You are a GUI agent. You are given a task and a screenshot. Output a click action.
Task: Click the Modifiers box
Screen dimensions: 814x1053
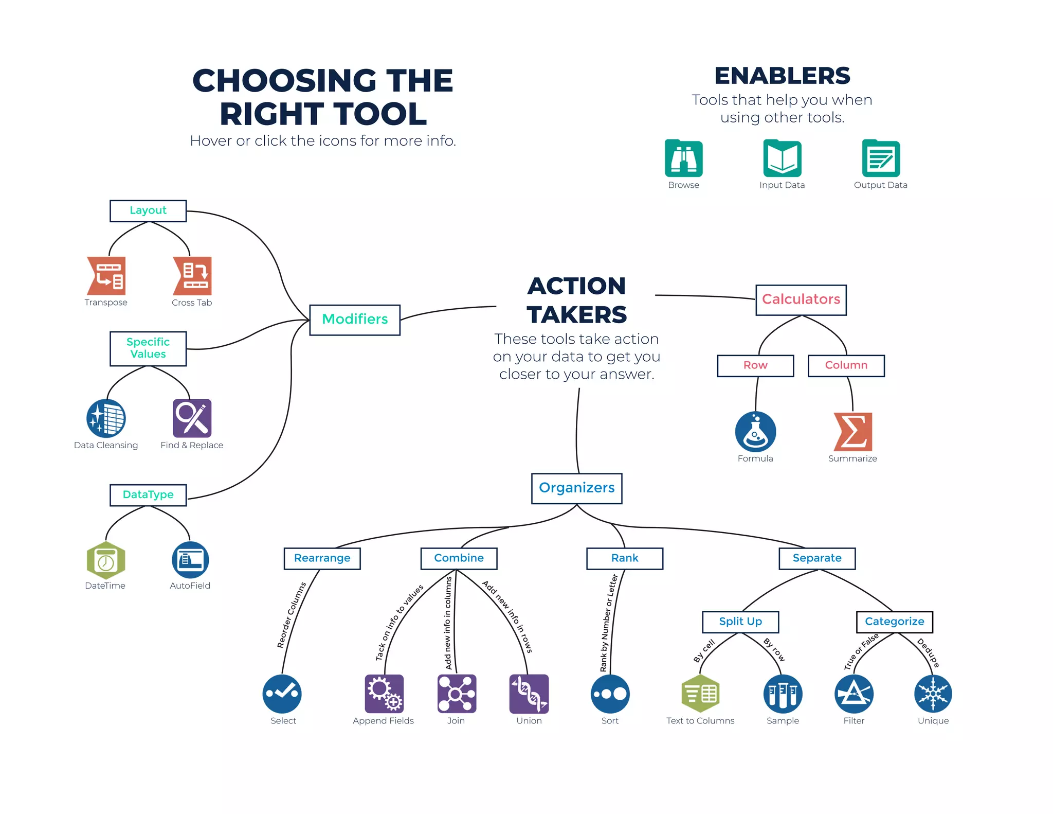pyautogui.click(x=355, y=320)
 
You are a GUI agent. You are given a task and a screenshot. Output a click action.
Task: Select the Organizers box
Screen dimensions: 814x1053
pyautogui.click(x=576, y=488)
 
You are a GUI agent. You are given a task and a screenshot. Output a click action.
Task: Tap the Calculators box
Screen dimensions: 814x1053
pyautogui.click(x=801, y=299)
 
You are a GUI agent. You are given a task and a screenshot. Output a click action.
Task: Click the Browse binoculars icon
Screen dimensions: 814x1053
pyautogui.click(x=683, y=158)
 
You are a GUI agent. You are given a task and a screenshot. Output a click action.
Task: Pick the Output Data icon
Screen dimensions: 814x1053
pyautogui.click(x=880, y=158)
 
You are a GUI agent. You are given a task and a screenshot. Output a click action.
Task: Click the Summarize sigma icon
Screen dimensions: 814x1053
pyautogui.click(x=852, y=432)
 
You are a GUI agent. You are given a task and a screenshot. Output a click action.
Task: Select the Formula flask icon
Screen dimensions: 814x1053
pyautogui.click(x=755, y=432)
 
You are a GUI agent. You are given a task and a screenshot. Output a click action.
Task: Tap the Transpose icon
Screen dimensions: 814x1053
pyautogui.click(x=106, y=276)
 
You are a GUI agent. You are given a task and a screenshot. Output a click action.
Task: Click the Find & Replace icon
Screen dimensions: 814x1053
pyautogui.click(x=192, y=418)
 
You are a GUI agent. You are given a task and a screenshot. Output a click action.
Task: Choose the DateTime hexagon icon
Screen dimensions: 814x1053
pyautogui.click(x=106, y=560)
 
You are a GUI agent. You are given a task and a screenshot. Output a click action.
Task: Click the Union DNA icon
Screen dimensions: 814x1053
pyautogui.click(x=529, y=694)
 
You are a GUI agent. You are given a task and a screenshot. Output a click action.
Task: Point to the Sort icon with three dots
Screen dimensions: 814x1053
pyautogui.click(x=610, y=694)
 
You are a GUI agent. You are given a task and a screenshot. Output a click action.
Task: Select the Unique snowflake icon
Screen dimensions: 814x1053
pyautogui.click(x=933, y=694)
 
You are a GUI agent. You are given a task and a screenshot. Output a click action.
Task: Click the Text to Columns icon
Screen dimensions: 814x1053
pyautogui.click(x=700, y=694)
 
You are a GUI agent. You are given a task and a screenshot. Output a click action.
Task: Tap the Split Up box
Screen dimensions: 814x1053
pyautogui.click(x=740, y=622)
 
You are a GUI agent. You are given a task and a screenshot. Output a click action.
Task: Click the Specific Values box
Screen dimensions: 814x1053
pyautogui.click(x=148, y=348)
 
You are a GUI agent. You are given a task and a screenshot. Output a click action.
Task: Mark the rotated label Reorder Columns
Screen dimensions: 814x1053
pyautogui.click(x=292, y=615)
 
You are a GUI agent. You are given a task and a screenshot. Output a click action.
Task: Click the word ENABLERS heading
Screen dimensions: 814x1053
pyautogui.click(x=782, y=76)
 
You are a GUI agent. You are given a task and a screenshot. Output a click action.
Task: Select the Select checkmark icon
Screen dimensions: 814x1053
pyautogui.click(x=282, y=694)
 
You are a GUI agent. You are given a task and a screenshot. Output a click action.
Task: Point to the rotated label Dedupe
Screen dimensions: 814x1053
pyautogui.click(x=929, y=652)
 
